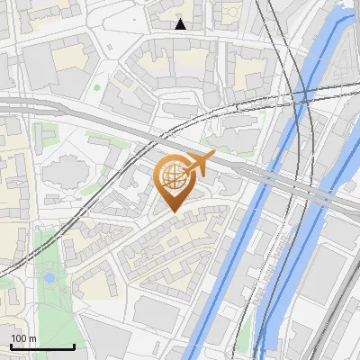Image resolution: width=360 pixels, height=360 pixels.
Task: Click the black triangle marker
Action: coord(181,24)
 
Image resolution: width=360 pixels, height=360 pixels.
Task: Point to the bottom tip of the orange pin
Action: coord(175,213)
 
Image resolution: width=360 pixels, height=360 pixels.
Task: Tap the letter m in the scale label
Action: coord(34,338)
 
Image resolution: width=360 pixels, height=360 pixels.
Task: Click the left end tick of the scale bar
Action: coord(11,346)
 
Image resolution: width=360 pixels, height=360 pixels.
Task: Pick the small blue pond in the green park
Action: coord(49,278)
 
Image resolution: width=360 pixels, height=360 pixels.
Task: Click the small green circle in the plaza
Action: coord(96,87)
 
